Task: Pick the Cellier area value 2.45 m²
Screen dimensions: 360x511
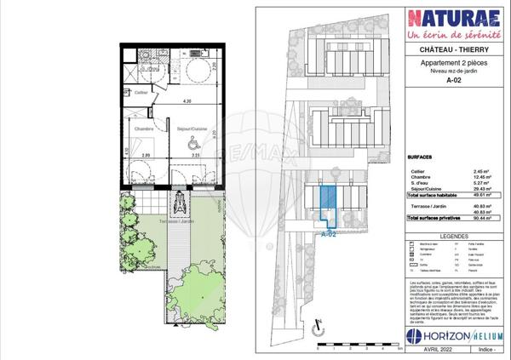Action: pos(470,172)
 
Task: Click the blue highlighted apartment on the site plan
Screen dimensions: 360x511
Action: pos(327,204)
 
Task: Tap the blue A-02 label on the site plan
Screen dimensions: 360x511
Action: pos(330,233)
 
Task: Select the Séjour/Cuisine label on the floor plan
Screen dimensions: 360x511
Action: pos(191,129)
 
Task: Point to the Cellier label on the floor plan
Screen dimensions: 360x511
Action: pos(141,91)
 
